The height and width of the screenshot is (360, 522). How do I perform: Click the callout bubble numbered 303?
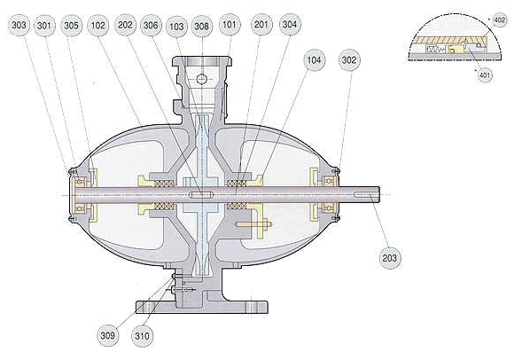click(x=19, y=25)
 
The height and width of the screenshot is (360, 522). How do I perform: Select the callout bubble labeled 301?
click(x=44, y=26)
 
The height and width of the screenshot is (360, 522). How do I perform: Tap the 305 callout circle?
click(x=71, y=26)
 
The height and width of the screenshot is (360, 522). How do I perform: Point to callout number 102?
click(x=98, y=26)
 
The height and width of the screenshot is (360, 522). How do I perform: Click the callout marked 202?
click(x=125, y=25)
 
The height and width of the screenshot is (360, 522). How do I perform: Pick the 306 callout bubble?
click(x=151, y=25)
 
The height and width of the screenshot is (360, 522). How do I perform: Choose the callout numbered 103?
click(x=176, y=26)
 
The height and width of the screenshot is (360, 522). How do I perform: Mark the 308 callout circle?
click(x=202, y=26)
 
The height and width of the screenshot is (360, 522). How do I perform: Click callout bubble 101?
click(x=230, y=25)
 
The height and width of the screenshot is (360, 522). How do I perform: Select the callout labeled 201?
click(x=261, y=24)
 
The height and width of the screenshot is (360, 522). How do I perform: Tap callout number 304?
click(x=289, y=24)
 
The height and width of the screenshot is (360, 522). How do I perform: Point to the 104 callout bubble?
click(x=314, y=60)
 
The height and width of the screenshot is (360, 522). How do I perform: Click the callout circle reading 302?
click(x=349, y=60)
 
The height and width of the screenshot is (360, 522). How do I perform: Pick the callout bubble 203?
click(x=390, y=258)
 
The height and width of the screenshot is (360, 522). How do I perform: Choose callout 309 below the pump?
click(x=108, y=335)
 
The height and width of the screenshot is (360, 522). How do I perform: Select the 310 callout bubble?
click(x=142, y=336)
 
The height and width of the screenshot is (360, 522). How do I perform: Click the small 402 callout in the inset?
click(x=499, y=20)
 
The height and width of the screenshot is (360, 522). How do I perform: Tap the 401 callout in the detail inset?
click(x=485, y=75)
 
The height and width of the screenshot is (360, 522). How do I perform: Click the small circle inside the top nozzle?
click(x=202, y=79)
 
